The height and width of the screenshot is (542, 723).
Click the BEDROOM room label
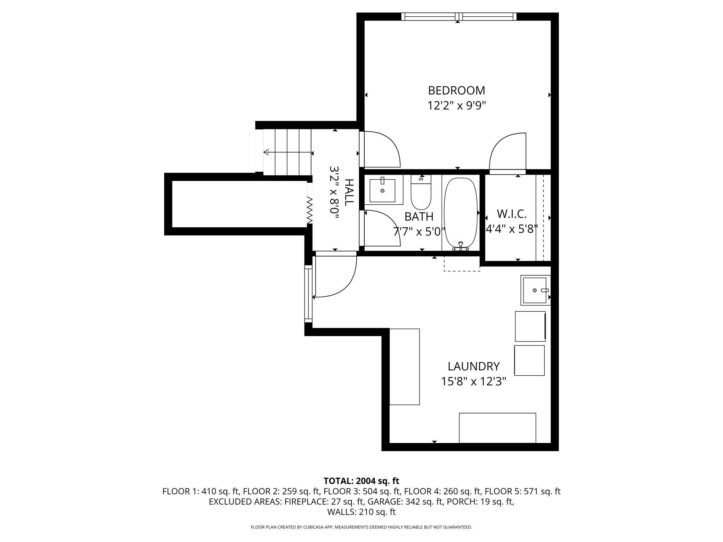[456, 90]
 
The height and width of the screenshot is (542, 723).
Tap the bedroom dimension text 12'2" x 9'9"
[456, 105]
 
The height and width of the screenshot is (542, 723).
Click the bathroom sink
[382, 190]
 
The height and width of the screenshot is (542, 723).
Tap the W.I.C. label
[512, 214]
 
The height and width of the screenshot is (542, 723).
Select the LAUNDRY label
[473, 366]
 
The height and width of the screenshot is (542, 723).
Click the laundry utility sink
[536, 290]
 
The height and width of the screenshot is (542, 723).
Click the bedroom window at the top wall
[459, 16]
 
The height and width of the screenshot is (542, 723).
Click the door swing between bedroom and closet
[507, 153]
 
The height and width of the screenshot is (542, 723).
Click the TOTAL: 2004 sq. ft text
[361, 481]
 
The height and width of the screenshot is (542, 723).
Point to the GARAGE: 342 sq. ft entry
[405, 502]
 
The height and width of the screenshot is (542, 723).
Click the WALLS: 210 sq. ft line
[361, 512]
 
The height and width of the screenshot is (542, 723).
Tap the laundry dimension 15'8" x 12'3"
[473, 381]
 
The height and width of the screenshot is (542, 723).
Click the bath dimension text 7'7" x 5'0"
[419, 231]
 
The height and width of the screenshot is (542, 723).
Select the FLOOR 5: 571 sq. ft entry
[522, 491]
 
